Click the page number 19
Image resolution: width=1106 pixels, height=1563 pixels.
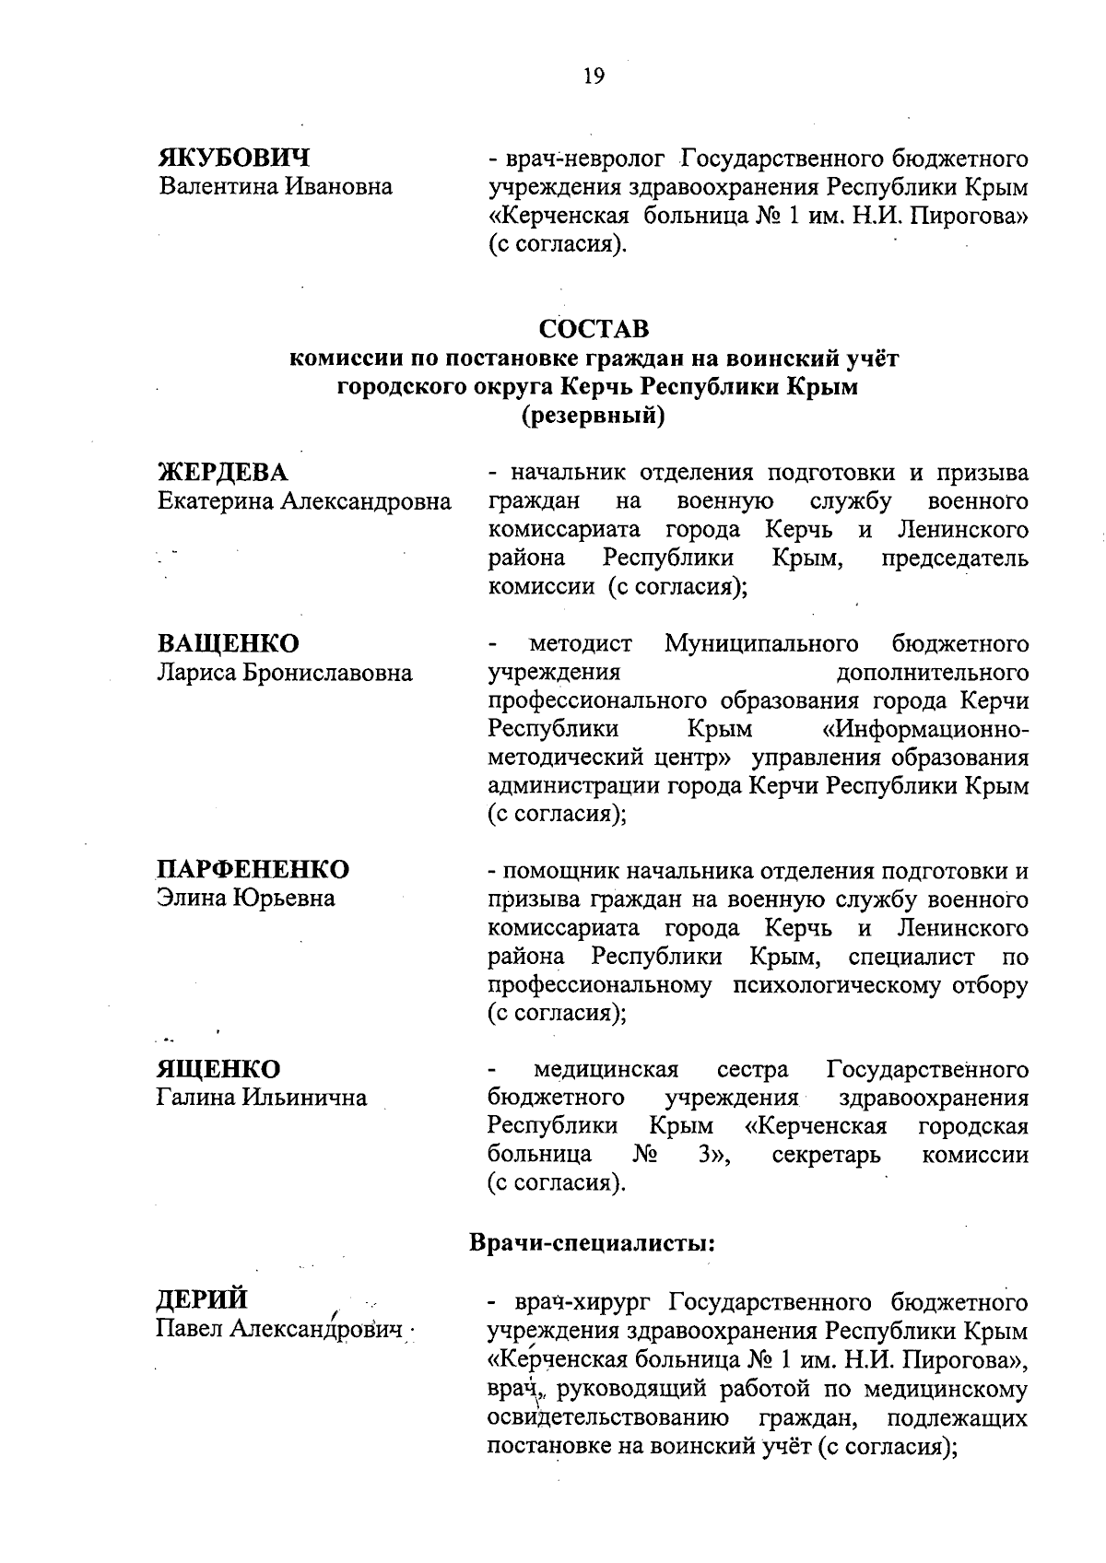pos(593,76)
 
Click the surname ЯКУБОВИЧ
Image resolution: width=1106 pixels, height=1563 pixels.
pos(233,157)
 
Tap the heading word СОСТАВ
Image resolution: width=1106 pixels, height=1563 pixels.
pos(594,329)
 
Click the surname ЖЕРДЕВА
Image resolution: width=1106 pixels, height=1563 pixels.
pos(223,473)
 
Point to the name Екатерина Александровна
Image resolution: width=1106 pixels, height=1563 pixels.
pos(305,502)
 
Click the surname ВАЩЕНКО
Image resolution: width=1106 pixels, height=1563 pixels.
pos(229,643)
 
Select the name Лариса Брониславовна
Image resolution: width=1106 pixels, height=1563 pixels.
pos(285,673)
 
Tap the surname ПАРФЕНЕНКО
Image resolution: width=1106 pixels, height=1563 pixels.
pos(253,869)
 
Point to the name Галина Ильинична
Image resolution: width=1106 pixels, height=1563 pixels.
pos(263,1099)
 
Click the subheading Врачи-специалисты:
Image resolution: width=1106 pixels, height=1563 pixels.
pos(593,1242)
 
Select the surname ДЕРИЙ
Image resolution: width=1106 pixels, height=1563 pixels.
pos(203,1300)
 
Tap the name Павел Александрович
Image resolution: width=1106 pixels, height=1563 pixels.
pos(281,1330)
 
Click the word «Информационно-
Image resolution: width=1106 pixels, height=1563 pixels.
pos(924,730)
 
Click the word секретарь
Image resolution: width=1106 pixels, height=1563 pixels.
pos(826,1156)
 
